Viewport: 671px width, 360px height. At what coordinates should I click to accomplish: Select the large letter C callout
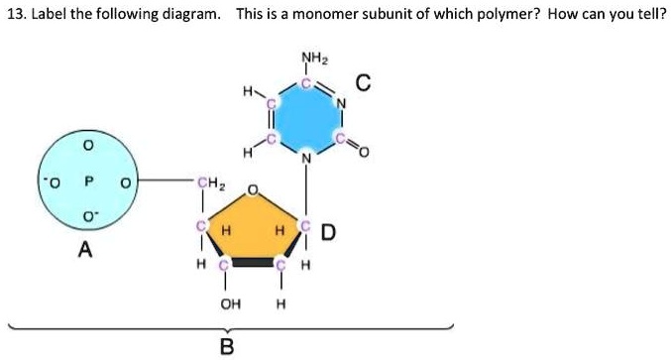pyautogui.click(x=364, y=86)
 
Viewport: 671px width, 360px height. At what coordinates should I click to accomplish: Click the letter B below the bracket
pyautogui.click(x=227, y=345)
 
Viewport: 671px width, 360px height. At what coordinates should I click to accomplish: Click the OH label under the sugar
pyautogui.click(x=229, y=304)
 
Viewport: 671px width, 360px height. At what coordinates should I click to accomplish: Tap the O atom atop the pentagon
pyautogui.click(x=253, y=188)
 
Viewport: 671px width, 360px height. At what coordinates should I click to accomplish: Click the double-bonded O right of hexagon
pyautogui.click(x=363, y=152)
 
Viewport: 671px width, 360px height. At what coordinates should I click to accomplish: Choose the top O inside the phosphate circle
pyautogui.click(x=88, y=147)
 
